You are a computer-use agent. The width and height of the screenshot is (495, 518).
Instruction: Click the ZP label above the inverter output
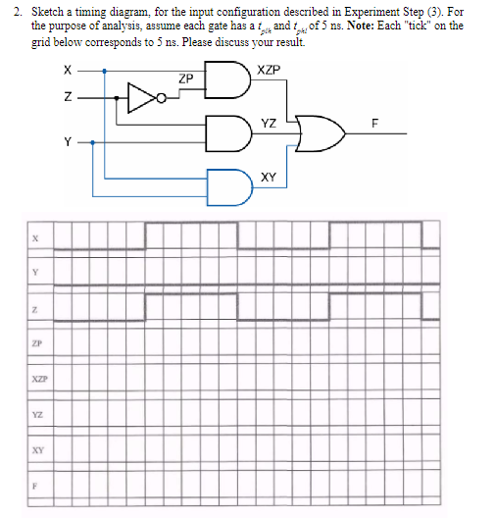tap(185, 78)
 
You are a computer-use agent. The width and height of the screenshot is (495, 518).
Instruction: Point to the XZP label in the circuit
tap(267, 70)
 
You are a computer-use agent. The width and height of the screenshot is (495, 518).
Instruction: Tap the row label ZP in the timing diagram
tap(35, 343)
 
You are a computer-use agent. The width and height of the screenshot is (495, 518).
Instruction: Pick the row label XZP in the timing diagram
tap(35, 379)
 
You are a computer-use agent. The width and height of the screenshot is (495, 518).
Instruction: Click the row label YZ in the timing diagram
tap(35, 414)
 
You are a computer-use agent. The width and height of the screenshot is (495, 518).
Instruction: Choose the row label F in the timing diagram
tap(35, 485)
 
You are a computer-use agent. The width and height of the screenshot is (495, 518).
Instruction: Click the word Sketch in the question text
tap(50, 11)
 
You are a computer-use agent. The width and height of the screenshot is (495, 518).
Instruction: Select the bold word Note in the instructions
tap(358, 26)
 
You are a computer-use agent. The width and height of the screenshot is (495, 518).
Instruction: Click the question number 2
tap(20, 11)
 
